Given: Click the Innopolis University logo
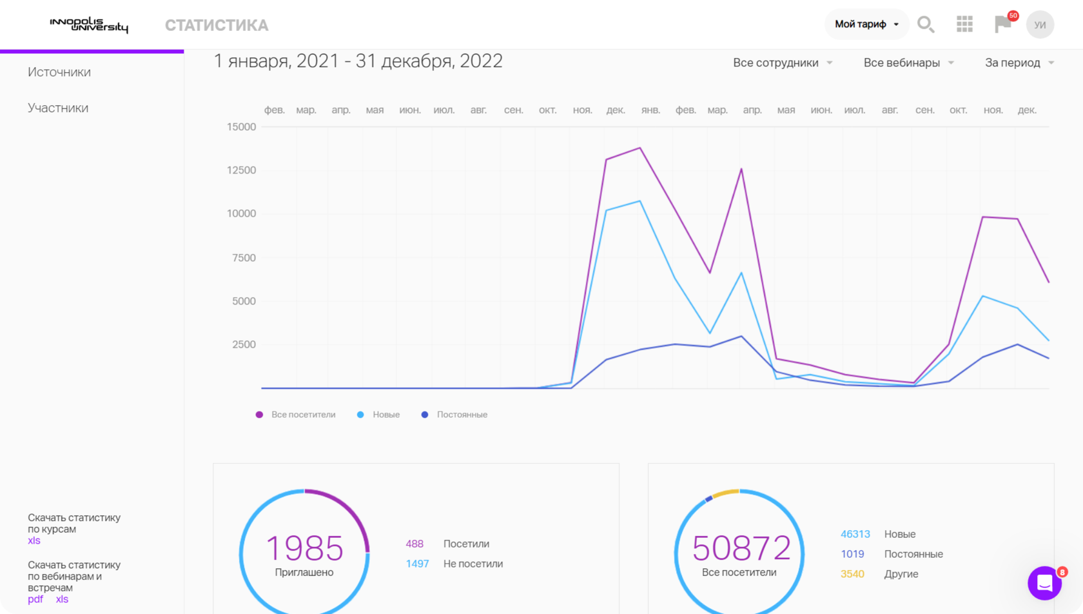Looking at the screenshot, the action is coord(89,25).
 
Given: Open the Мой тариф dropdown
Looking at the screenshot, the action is coord(866,25).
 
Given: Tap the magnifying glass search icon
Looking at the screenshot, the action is coord(926,25).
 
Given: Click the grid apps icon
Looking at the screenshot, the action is coord(964,25).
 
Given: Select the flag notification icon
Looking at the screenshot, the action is coord(1003,24).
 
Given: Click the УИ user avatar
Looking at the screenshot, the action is coord(1040,25).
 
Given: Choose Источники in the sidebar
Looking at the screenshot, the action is coord(59,72).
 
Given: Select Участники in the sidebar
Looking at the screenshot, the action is coord(58,108).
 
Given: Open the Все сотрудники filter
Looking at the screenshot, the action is coord(783,63).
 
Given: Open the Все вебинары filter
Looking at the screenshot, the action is coord(909,63).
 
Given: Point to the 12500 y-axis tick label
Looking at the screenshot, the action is coord(241,170).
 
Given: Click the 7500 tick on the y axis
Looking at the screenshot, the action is coord(244,258).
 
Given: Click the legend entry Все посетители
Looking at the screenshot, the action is coord(295,415).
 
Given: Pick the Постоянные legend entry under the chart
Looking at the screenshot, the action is coord(454,415).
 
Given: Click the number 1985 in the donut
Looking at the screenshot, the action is coord(304,548).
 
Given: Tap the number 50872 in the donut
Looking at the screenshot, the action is coord(741,548).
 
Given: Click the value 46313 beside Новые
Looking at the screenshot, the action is coord(855,534).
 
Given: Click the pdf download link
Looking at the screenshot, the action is coord(35,599).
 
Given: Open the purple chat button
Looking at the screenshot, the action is coord(1044,583).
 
